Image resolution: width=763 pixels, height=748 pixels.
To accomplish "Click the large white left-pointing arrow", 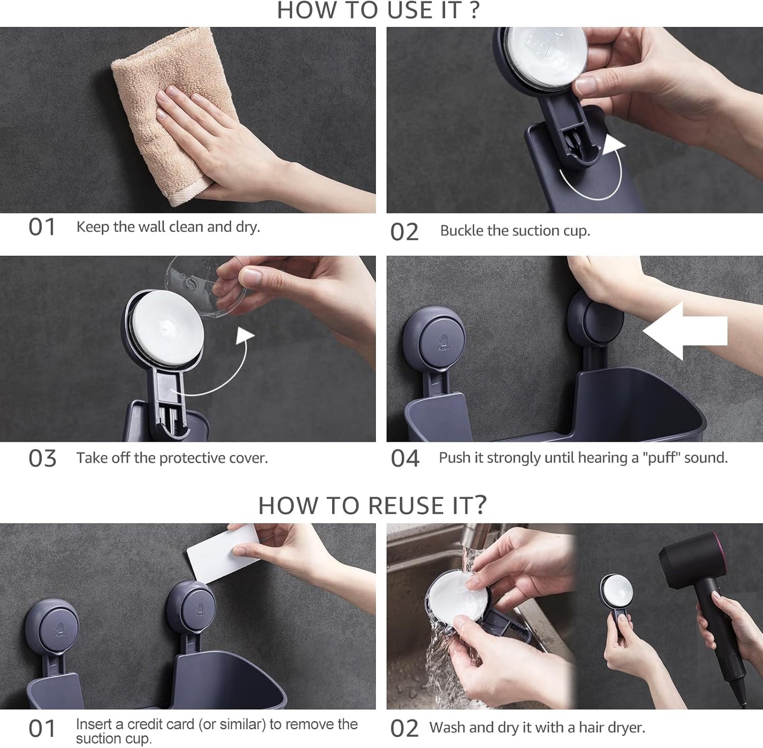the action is [x=685, y=330].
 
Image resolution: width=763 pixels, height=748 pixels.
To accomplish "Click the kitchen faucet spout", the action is [x=473, y=538].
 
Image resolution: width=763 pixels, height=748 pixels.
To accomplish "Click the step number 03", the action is [x=42, y=459].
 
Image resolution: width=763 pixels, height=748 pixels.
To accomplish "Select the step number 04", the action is [x=404, y=459].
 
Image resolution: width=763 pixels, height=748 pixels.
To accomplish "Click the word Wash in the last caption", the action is [x=448, y=728].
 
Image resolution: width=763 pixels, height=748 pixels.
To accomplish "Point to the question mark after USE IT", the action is [x=474, y=10].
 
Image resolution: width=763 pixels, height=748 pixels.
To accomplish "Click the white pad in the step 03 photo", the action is [x=168, y=325].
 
